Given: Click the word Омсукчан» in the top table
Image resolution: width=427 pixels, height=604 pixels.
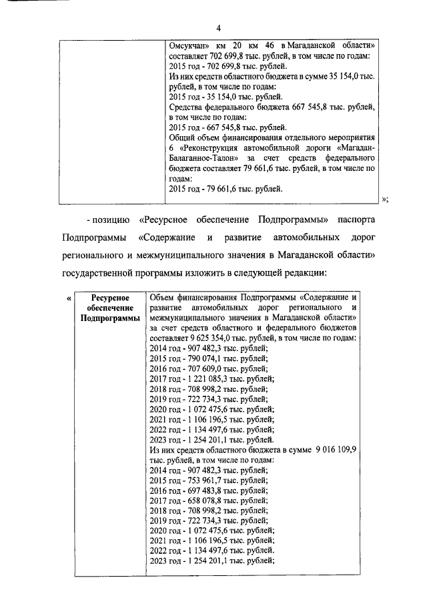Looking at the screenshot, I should coord(190,46).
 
